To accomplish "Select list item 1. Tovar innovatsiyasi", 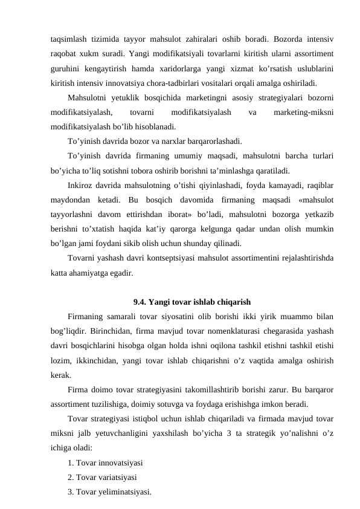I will tap(105, 464).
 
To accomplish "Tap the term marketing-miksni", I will tap(306, 112).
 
